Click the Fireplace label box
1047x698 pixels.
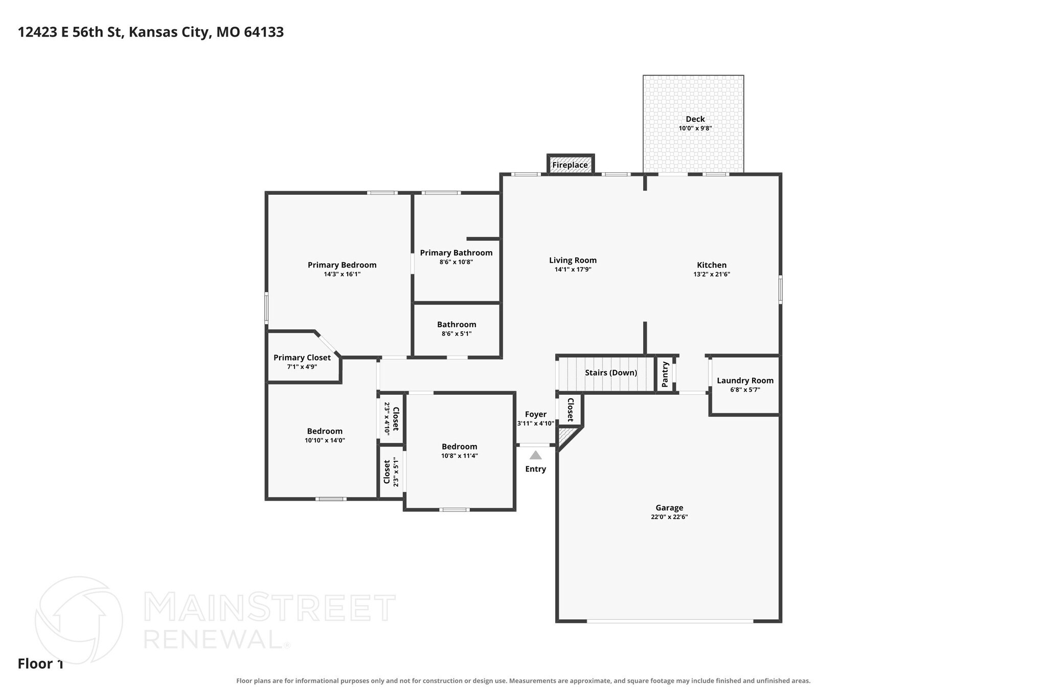(570, 165)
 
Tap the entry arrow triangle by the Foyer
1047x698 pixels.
(535, 455)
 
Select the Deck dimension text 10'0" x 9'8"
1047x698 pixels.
(695, 128)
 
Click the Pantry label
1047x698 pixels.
(665, 374)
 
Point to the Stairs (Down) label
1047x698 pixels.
(611, 373)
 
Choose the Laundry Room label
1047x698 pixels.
(745, 380)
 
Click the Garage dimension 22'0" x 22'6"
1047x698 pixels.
(669, 517)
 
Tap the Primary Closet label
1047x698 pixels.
(302, 357)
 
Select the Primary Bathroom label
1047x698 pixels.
(456, 253)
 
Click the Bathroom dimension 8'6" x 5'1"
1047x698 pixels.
(457, 334)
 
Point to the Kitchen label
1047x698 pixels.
(712, 265)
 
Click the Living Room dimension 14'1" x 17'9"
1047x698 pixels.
(573, 269)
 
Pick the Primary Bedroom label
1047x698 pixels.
(342, 265)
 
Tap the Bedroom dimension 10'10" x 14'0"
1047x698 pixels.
(325, 440)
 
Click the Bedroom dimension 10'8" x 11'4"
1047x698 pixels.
(460, 456)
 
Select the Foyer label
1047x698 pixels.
(536, 414)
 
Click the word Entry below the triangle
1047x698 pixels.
(535, 469)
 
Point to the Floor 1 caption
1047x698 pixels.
(40, 664)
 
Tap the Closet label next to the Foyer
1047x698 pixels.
(570, 410)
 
